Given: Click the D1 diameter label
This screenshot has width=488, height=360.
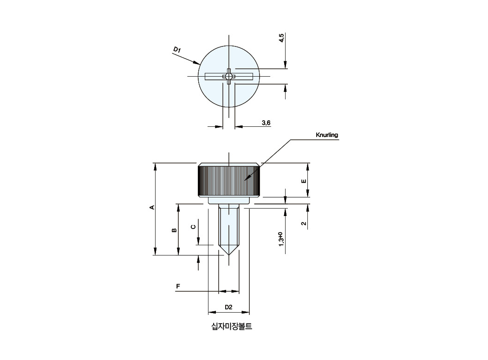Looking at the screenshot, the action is (x=177, y=50).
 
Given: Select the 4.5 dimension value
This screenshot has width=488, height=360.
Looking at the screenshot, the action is (x=281, y=38).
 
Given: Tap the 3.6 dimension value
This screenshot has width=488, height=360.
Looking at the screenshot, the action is (x=266, y=123).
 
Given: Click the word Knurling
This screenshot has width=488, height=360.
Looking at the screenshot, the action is (x=327, y=135).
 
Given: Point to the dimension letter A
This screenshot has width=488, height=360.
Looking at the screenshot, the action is (x=152, y=207).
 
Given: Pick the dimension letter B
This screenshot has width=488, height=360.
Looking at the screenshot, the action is (x=174, y=230).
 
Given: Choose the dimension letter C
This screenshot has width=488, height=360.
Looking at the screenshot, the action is (x=193, y=227).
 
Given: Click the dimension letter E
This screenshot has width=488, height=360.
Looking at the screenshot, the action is (x=304, y=181).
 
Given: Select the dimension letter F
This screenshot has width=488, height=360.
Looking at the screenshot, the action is (x=178, y=286).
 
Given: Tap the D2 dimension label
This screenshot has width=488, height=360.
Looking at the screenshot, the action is (x=228, y=307).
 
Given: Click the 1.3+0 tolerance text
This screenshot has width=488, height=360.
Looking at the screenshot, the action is (x=281, y=239).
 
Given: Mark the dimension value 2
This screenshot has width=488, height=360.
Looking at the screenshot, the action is (x=304, y=223).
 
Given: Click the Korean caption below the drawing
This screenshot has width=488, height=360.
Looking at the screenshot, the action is (x=232, y=327).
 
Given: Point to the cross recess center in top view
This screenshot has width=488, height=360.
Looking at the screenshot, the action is (x=229, y=76).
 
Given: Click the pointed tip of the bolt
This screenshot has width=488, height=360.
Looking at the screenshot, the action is (x=229, y=255).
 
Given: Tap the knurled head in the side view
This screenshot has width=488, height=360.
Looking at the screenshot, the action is (x=229, y=180).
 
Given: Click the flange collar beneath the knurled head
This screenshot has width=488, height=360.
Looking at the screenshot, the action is (x=229, y=201).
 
